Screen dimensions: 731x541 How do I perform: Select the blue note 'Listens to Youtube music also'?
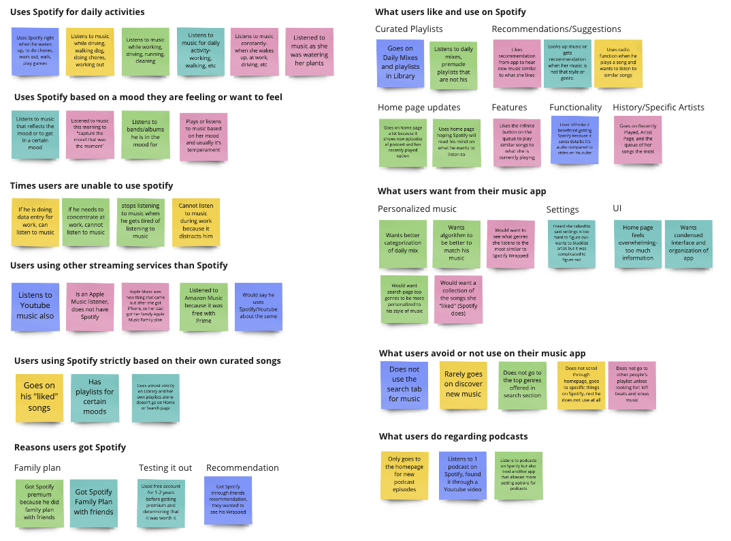[x=35, y=306]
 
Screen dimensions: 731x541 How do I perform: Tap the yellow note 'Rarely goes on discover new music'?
[x=464, y=385]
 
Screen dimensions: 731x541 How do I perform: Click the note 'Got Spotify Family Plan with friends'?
[x=94, y=502]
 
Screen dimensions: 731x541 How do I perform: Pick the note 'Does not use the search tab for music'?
[x=404, y=385]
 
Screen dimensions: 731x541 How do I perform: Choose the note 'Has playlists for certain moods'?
[x=95, y=397]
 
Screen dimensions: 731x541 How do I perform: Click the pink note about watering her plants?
[x=310, y=51]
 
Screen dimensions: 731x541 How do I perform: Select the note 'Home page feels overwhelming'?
[x=638, y=243]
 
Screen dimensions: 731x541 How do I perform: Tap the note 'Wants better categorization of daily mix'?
[x=403, y=243]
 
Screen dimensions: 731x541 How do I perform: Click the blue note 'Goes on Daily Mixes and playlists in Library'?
[x=400, y=63]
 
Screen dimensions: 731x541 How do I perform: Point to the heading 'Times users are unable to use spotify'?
[x=91, y=185]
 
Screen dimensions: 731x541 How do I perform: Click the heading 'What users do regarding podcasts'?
[x=453, y=436]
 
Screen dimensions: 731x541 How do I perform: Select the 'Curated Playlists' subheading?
[x=409, y=29]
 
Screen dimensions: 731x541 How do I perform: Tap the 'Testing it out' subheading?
[x=165, y=467]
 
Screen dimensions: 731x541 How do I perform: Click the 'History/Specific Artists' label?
[x=658, y=107]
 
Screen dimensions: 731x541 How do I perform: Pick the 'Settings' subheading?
[x=562, y=209]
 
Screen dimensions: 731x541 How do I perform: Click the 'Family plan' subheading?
[x=37, y=467]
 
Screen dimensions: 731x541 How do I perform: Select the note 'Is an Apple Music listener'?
[x=90, y=307]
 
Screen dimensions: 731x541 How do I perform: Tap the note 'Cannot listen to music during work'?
[x=196, y=221]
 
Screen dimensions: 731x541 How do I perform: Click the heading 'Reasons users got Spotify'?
[x=70, y=447]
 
